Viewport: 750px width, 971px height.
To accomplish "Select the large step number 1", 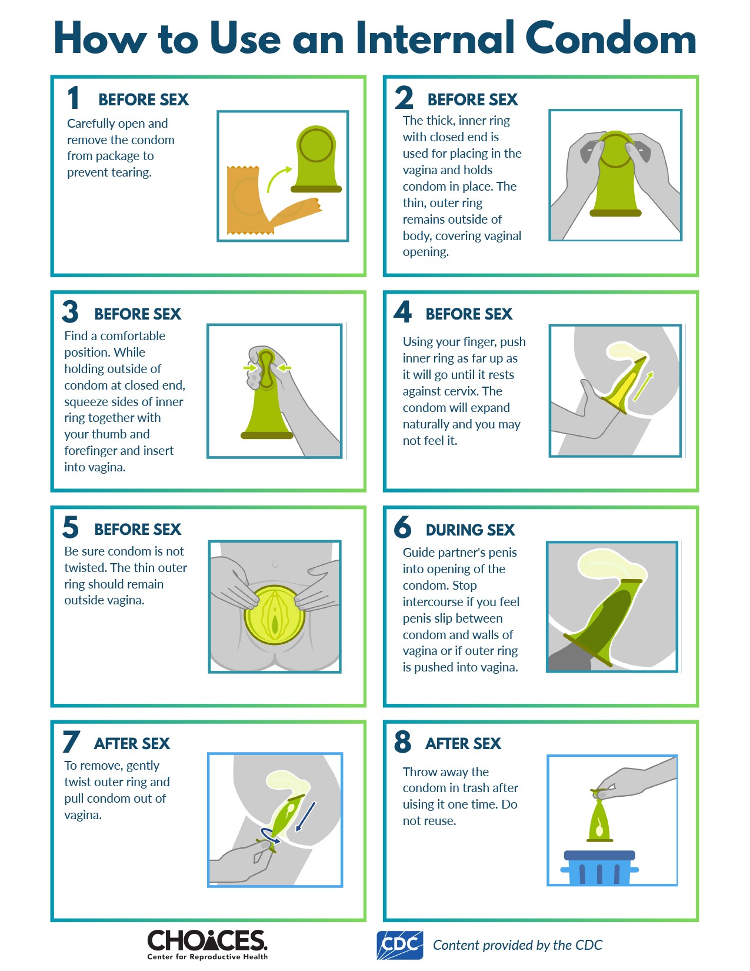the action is [x=74, y=98].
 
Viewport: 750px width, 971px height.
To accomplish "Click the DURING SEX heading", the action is [x=471, y=530].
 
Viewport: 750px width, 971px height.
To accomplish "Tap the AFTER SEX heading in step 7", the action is [x=132, y=744].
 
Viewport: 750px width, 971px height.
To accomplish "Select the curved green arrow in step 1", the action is [x=278, y=177].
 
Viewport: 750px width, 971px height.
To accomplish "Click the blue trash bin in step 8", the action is [x=599, y=868].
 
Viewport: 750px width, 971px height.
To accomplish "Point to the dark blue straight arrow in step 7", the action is [x=305, y=816].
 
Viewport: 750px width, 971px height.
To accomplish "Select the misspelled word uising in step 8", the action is [x=419, y=805].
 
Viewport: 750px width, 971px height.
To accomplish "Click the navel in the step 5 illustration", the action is [x=275, y=564].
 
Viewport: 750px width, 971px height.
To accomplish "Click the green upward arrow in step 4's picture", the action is [x=643, y=386].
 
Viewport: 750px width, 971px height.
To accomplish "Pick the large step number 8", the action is [x=402, y=741].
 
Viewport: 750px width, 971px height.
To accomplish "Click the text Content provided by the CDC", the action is [x=518, y=945].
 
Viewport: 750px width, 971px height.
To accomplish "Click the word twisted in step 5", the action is [x=85, y=568].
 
